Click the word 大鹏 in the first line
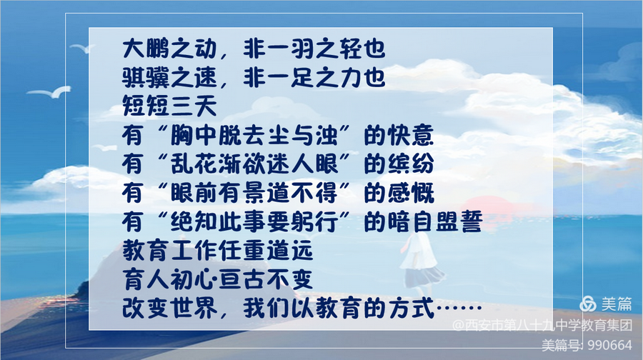(146, 49)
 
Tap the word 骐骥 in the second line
(146, 77)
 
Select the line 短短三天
(169, 106)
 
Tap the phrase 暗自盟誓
(434, 221)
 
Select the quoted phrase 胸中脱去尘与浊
(254, 135)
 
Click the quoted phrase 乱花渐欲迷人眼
(254, 164)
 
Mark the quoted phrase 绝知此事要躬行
(254, 221)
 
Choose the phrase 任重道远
(266, 250)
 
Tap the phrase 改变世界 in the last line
(169, 308)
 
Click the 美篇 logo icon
(588, 304)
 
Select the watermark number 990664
(610, 345)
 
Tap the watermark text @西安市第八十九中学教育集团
(542, 325)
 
